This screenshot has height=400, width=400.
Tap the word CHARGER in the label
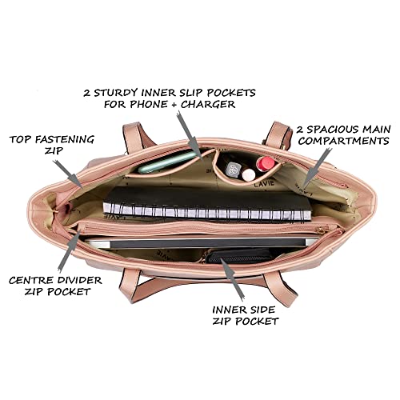(x=208, y=104)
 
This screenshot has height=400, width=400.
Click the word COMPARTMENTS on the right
(x=343, y=141)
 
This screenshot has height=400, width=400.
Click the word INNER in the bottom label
(x=226, y=310)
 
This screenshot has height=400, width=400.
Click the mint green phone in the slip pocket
(x=167, y=162)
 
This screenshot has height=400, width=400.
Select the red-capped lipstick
(x=265, y=164)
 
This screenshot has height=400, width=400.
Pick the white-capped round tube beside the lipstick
(x=249, y=174)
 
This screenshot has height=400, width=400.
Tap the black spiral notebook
(x=207, y=204)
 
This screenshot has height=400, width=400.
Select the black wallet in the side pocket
(x=240, y=256)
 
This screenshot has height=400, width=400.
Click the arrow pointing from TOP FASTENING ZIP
(x=68, y=174)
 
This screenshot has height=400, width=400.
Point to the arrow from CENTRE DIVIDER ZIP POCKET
(x=70, y=250)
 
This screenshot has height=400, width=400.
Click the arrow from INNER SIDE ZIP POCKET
(x=232, y=278)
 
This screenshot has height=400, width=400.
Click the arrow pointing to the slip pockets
(x=190, y=136)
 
